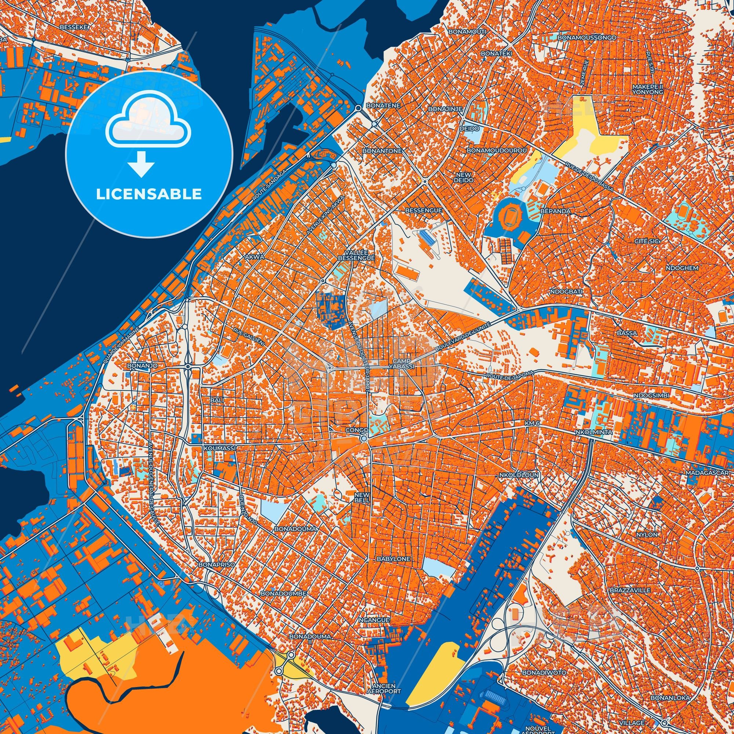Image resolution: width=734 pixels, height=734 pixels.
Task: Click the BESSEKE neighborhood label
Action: [74, 28]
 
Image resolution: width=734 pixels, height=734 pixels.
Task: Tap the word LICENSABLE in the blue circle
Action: [149, 194]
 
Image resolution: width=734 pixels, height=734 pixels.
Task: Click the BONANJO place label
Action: [142, 365]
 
